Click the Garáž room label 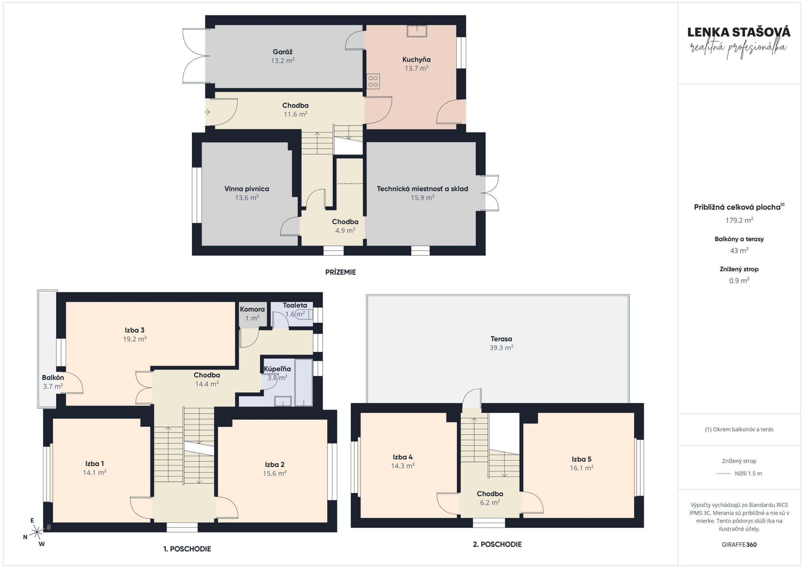pyautogui.click(x=282, y=52)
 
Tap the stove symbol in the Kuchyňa pyautogui.click(x=373, y=81)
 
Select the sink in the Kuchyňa pyautogui.click(x=417, y=31)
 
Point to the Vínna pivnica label pyautogui.click(x=247, y=189)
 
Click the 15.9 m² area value pyautogui.click(x=422, y=198)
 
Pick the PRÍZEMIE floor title pyautogui.click(x=340, y=272)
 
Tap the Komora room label pyautogui.click(x=252, y=309)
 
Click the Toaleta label pyautogui.click(x=295, y=305)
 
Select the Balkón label pyautogui.click(x=53, y=378)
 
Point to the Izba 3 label pyautogui.click(x=134, y=330)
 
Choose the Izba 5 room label pyautogui.click(x=581, y=459)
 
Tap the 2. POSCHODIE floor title pyautogui.click(x=497, y=544)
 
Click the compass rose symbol pyautogui.click(x=37, y=532)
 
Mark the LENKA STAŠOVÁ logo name pyautogui.click(x=739, y=32)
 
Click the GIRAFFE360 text pyautogui.click(x=739, y=544)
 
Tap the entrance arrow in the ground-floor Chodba pyautogui.click(x=207, y=112)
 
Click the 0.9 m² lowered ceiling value pyautogui.click(x=739, y=281)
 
